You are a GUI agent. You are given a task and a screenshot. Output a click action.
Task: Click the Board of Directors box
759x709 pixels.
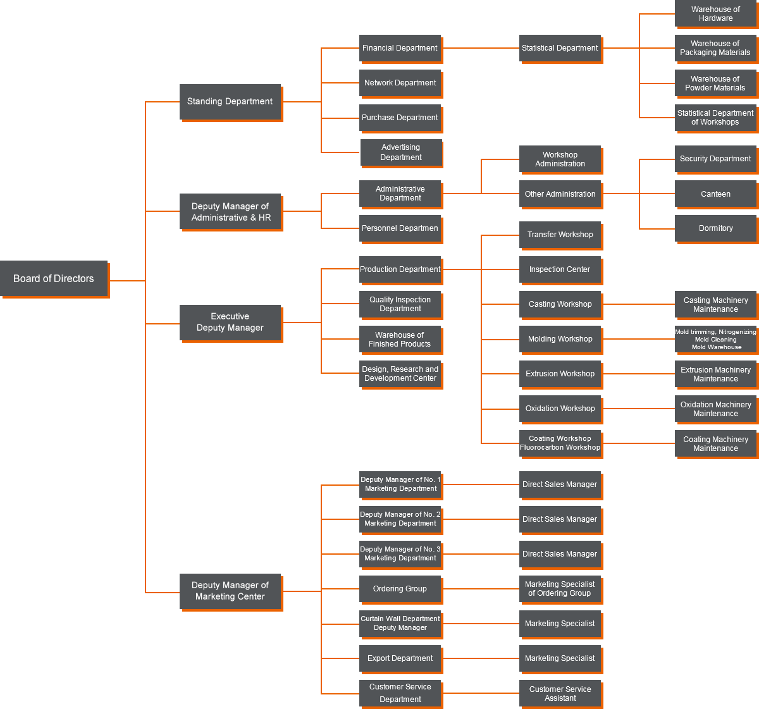(x=54, y=278)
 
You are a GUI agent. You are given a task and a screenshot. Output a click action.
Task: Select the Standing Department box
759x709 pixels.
(x=230, y=101)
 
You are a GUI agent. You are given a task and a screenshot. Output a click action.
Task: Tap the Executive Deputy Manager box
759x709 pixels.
(x=230, y=322)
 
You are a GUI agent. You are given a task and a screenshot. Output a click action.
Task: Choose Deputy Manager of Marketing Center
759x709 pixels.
(x=230, y=591)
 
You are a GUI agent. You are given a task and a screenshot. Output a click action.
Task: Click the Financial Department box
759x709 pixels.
(x=400, y=48)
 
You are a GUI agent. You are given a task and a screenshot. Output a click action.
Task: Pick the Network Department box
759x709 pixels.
(x=400, y=83)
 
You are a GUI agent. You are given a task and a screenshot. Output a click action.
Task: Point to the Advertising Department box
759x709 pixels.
(x=400, y=152)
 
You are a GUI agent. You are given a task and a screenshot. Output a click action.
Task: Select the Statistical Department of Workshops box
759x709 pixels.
(x=715, y=118)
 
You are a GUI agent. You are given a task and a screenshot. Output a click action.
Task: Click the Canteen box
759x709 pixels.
(x=715, y=194)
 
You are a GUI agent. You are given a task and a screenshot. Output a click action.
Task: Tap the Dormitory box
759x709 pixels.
(x=715, y=228)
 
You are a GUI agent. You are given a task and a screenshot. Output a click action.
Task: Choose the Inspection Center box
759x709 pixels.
(x=560, y=269)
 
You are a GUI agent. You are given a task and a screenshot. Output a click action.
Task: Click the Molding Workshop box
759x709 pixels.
(x=560, y=339)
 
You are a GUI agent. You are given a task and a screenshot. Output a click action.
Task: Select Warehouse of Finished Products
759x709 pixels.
(x=400, y=340)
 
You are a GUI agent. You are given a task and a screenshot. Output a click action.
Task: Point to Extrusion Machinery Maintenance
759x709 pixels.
(x=715, y=374)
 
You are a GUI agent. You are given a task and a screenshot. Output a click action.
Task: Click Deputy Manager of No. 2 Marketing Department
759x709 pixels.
(x=400, y=519)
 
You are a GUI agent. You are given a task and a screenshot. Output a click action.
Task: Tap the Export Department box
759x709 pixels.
(x=400, y=658)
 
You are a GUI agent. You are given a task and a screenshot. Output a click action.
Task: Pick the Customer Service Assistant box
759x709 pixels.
(x=560, y=694)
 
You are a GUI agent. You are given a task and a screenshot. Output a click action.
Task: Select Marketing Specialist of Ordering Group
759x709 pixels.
(x=560, y=589)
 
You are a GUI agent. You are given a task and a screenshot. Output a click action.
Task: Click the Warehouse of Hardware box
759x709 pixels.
(x=715, y=14)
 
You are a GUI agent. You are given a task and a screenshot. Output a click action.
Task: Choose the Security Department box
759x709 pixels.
(x=715, y=159)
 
